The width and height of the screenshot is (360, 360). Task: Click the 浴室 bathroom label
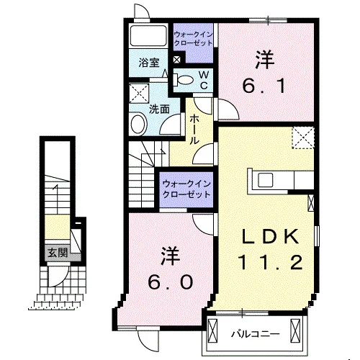149,63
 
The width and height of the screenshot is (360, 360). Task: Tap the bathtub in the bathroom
148,35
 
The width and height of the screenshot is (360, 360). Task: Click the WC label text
204,81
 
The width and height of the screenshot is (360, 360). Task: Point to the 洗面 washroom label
159,109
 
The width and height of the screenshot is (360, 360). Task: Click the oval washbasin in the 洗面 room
138,125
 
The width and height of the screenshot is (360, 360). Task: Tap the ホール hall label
194,129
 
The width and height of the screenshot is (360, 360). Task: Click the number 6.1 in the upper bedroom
264,86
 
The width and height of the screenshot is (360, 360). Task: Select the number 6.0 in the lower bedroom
170,282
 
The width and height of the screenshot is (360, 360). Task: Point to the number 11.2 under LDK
270,262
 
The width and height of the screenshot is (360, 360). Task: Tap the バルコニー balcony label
256,334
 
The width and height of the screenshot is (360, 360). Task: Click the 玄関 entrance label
58,253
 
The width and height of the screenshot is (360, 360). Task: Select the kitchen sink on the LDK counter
265,180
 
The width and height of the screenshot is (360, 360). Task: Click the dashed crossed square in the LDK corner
303,138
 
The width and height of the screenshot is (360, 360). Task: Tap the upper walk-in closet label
193,39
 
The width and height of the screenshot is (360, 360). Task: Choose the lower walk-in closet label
186,189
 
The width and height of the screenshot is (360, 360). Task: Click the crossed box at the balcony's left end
212,331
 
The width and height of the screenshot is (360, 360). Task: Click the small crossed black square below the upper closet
177,60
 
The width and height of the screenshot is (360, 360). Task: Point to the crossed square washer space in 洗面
139,93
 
